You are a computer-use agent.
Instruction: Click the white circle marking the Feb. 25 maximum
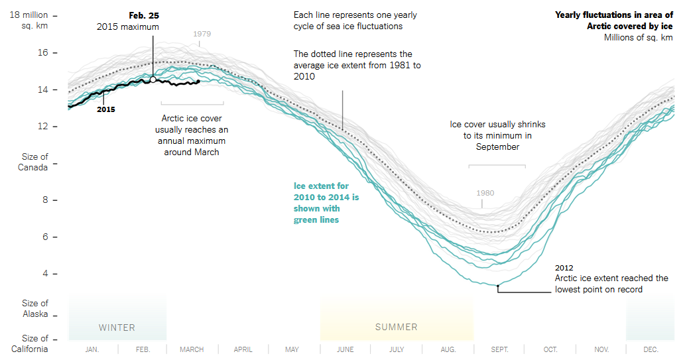153,80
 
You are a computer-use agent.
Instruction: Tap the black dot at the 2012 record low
498,285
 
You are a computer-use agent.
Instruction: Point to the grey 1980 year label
485,194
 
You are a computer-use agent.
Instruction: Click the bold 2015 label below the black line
106,109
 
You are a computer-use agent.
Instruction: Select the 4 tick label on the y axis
44,273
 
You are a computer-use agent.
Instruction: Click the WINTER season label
117,328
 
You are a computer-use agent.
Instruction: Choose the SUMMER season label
397,327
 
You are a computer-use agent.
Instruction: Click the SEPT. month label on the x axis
499,349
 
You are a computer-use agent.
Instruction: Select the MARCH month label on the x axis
192,349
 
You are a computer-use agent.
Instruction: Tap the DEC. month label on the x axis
651,349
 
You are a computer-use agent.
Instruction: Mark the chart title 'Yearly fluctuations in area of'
613,15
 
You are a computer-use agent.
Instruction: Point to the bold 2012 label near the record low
564,268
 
